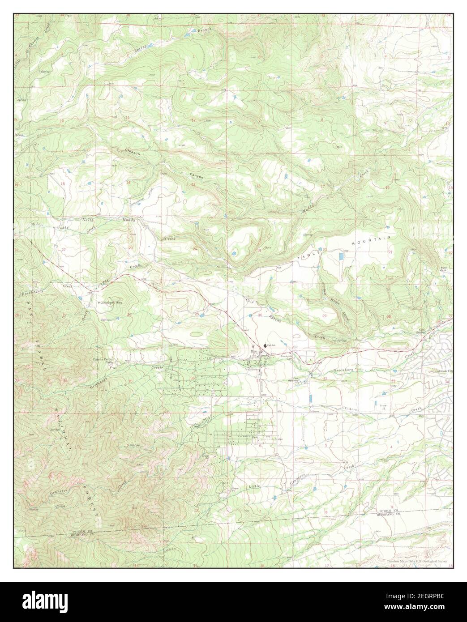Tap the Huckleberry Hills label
[110, 303]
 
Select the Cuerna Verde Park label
[103, 361]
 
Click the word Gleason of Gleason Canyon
[133, 153]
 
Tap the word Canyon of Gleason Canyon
[196, 176]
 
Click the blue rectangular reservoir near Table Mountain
[342, 257]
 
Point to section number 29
[324, 316]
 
